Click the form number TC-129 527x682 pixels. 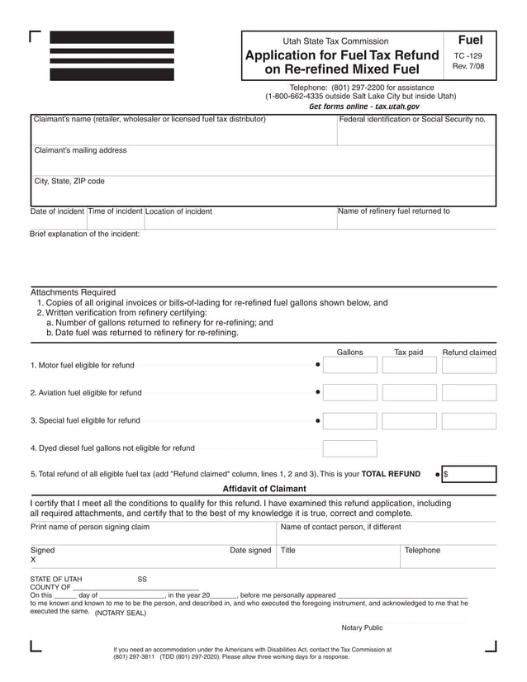pos(470,56)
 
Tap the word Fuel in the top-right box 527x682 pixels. pos(470,40)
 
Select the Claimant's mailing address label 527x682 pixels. pos(80,150)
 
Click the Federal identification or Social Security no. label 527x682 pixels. pos(412,120)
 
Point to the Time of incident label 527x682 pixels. pos(116,211)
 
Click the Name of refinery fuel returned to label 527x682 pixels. pos(394,211)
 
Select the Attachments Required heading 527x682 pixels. pos(74,292)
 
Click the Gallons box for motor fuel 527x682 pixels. pos(349,365)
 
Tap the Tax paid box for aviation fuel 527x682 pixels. pos(409,393)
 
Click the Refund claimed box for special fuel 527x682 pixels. pos(469,420)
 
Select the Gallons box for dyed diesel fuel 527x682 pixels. pos(349,448)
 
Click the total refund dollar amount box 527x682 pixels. pos(469,474)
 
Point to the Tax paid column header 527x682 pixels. pos(408,353)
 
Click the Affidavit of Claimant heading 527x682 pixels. pos(264,489)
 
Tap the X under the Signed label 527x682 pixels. pos(33,560)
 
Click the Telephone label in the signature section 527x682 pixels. pos(422,551)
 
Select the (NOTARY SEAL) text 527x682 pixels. pos(121,613)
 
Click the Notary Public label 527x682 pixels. pos(362,628)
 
